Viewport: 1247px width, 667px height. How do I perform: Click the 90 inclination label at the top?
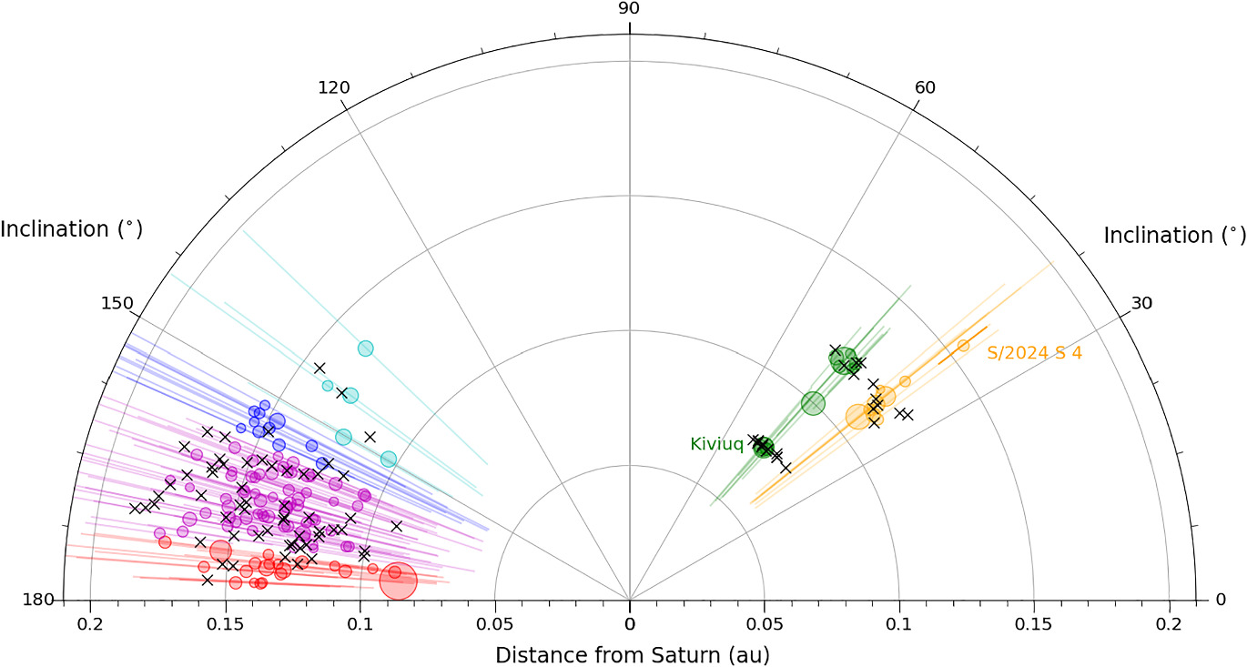(629, 9)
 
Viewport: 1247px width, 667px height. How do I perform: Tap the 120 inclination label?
(334, 88)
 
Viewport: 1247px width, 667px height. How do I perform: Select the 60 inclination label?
(925, 88)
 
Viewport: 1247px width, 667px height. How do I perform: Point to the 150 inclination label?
(117, 303)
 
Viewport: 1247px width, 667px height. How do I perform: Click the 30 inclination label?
(1141, 303)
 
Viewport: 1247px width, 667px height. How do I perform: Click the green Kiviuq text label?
(716, 444)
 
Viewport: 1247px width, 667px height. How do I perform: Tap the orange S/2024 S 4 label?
(1034, 353)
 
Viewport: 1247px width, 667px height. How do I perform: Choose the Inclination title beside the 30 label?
(1174, 236)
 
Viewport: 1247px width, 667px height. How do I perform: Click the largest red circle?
(398, 581)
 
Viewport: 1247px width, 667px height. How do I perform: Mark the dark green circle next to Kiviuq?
(764, 447)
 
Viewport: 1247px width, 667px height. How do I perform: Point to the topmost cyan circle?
(366, 348)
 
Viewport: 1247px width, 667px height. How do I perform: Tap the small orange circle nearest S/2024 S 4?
(963, 345)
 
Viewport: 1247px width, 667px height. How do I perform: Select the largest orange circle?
(857, 416)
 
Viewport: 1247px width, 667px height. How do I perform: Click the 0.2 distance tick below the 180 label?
(90, 624)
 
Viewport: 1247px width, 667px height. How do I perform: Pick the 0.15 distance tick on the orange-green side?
(1034, 624)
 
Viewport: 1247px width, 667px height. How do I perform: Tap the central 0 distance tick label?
(629, 624)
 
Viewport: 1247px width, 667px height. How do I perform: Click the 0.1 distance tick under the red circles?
(360, 624)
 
